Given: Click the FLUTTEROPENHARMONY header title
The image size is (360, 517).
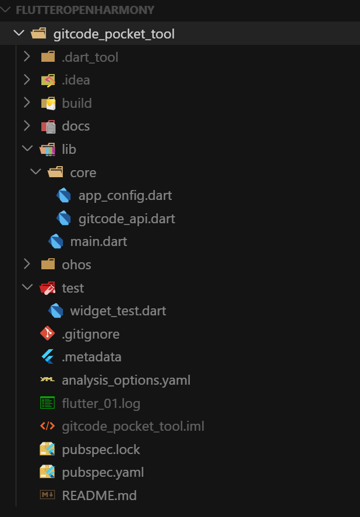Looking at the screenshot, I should click(85, 10).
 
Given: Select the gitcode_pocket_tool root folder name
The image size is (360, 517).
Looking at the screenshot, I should click(114, 34).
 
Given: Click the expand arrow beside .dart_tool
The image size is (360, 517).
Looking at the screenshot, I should click(26, 57).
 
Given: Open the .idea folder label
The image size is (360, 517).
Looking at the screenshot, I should click(76, 80).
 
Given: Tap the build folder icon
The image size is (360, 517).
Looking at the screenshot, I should click(48, 103).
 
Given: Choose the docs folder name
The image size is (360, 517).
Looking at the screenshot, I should click(76, 126).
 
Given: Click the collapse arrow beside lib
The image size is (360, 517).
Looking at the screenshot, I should click(26, 149).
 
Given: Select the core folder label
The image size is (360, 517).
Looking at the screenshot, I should click(83, 173).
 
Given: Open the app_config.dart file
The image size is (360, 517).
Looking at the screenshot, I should click(125, 195).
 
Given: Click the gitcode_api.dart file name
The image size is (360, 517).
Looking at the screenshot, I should click(126, 219).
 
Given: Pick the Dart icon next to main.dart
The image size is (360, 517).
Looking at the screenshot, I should click(56, 241).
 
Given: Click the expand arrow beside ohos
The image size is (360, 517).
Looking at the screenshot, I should click(26, 264).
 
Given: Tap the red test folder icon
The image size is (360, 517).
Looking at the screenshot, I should click(48, 288).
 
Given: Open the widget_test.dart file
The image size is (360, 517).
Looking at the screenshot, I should click(118, 311).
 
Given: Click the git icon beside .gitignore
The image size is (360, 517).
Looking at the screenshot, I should click(48, 334).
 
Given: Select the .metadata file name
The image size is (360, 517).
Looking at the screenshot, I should click(91, 357).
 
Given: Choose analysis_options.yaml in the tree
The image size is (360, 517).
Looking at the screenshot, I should click(126, 380).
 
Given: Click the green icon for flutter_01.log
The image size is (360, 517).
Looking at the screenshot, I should click(48, 403).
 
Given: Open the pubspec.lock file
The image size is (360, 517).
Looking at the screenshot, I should click(101, 449).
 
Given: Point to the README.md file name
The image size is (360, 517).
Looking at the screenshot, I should click(99, 495).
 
